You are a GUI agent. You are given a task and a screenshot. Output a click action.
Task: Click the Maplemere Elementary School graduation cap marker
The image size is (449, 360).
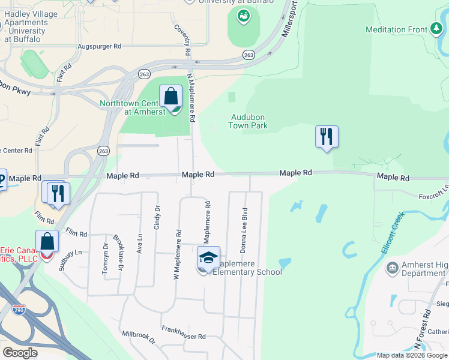[x=208, y=259]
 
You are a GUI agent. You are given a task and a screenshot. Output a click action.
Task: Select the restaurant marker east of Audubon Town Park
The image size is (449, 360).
[x=327, y=137]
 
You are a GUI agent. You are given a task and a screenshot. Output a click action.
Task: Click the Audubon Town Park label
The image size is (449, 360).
[x=248, y=122]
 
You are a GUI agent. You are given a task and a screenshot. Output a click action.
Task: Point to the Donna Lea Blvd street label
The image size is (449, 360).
[x=244, y=230]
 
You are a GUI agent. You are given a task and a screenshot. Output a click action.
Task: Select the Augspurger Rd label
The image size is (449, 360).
[x=100, y=46]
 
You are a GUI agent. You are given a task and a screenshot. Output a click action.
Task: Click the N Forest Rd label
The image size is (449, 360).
[x=425, y=330]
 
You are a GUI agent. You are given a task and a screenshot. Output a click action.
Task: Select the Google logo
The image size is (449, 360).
[x=20, y=353]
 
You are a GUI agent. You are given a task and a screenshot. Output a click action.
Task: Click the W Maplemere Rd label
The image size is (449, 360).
[x=177, y=254]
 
